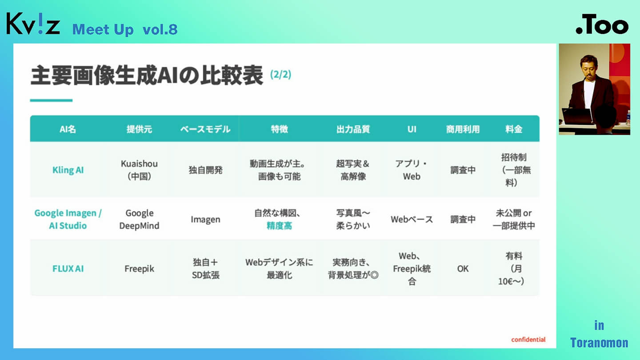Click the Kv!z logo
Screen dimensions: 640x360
pyautogui.click(x=33, y=24)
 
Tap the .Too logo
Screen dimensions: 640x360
pyautogui.click(x=602, y=24)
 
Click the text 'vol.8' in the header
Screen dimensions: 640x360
pyautogui.click(x=160, y=29)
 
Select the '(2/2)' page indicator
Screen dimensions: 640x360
pyautogui.click(x=280, y=74)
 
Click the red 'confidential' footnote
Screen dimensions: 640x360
pyautogui.click(x=528, y=340)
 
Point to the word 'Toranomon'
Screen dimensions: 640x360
pyautogui.click(x=599, y=343)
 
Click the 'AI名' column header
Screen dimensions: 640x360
pyautogui.click(x=68, y=129)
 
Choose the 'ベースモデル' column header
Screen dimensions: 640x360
pyautogui.click(x=205, y=129)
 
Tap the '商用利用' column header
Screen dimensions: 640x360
pyautogui.click(x=463, y=129)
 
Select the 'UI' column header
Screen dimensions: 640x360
pyautogui.click(x=412, y=129)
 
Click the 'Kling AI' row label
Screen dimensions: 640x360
pyautogui.click(x=68, y=170)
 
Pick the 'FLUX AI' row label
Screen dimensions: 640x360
pyautogui.click(x=68, y=268)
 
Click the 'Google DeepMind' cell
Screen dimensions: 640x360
pyautogui.click(x=140, y=220)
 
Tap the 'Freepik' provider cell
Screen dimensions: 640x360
pyautogui.click(x=140, y=268)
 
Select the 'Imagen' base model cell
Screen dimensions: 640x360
pyautogui.click(x=205, y=220)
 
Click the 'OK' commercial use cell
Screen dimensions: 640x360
pyautogui.click(x=463, y=268)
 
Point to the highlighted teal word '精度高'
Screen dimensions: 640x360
pyautogui.click(x=279, y=226)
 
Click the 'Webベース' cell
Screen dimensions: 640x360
pyautogui.click(x=412, y=220)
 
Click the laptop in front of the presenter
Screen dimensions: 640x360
pyautogui.click(x=577, y=116)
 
